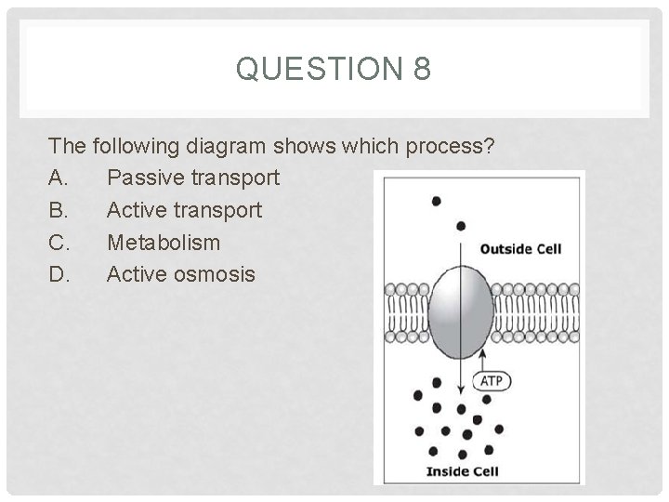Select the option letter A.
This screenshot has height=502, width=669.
(x=59, y=177)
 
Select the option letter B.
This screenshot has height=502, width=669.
(x=59, y=209)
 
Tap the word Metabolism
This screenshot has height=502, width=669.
(x=164, y=242)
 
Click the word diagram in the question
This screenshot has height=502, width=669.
(x=227, y=146)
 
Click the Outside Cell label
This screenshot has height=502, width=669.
(x=520, y=249)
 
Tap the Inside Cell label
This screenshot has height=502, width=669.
(x=462, y=470)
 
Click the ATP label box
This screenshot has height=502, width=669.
(x=492, y=381)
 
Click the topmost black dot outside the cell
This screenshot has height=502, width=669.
(x=436, y=201)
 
